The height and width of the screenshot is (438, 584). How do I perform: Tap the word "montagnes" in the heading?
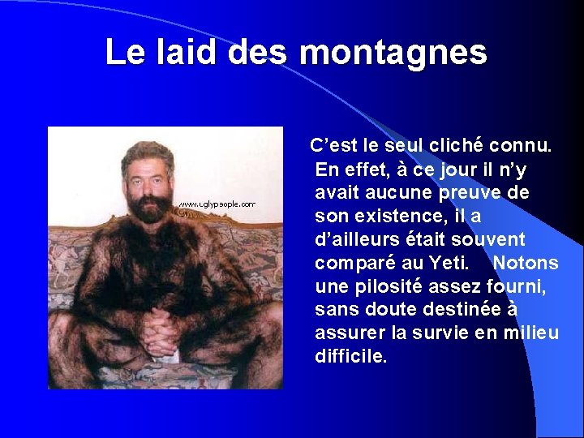coord(393,53)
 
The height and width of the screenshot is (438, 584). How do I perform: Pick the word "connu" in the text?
coord(524,146)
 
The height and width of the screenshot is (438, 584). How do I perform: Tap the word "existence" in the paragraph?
coord(389,217)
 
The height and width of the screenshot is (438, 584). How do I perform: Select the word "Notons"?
coord(526,264)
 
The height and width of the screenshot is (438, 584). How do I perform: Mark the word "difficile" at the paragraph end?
coord(350,357)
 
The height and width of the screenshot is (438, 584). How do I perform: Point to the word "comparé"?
coord(356,264)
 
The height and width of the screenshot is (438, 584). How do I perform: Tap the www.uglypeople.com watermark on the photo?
coord(217,204)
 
